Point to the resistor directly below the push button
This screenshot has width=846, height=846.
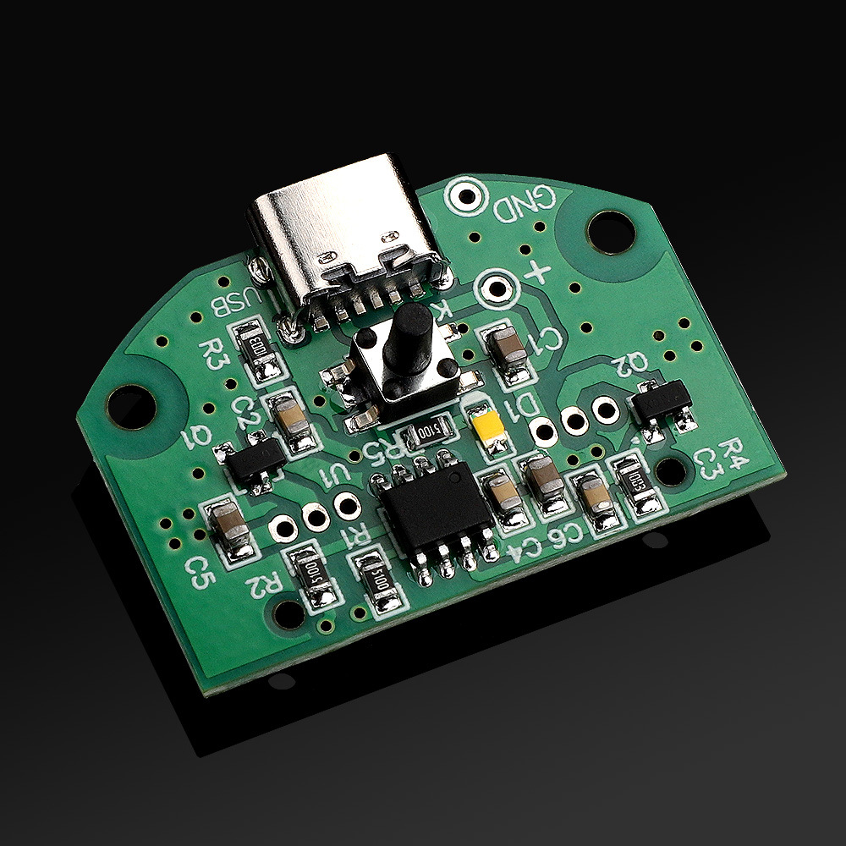[x=423, y=433]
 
